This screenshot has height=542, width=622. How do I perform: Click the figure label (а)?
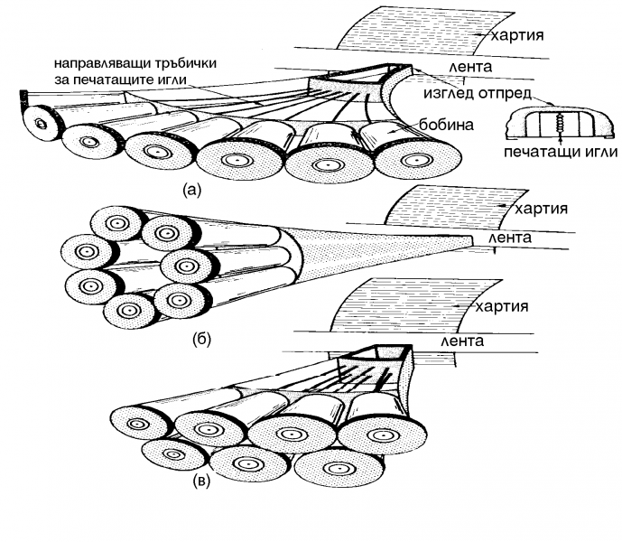click(x=193, y=190)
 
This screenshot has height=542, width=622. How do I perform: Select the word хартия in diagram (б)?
click(x=542, y=209)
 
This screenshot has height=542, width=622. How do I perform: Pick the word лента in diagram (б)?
click(x=509, y=238)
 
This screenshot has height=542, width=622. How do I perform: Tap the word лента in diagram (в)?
click(x=462, y=341)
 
